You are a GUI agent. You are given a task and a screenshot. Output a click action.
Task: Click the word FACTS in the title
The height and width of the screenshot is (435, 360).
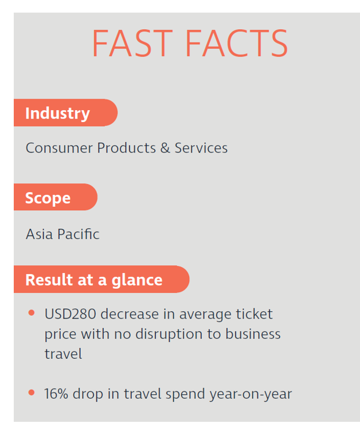tap(237, 44)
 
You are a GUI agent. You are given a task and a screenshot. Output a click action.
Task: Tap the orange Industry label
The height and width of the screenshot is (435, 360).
tap(65, 113)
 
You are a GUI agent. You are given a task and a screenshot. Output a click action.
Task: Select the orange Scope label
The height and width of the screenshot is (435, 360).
tap(56, 197)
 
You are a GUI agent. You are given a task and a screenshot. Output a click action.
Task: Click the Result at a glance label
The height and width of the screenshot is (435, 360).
tap(101, 279)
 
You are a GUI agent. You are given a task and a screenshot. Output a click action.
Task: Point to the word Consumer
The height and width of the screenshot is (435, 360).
tap(59, 148)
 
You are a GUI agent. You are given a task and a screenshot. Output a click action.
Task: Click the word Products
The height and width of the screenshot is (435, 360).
tap(126, 148)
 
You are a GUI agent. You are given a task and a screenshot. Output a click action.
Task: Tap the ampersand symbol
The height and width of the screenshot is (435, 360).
tap(165, 148)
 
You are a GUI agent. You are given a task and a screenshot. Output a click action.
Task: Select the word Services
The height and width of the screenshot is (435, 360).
tap(201, 148)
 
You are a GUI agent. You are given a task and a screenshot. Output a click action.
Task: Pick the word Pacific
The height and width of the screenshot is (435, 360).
tap(79, 234)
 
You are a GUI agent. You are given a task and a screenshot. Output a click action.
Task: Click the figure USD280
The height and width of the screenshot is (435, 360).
tap(71, 314)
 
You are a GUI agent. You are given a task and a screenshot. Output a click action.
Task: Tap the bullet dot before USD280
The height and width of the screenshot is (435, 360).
tap(32, 313)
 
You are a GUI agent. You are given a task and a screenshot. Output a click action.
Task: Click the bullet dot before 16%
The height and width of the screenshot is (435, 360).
tap(32, 393)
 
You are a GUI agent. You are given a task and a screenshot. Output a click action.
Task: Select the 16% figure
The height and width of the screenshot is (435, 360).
tap(56, 394)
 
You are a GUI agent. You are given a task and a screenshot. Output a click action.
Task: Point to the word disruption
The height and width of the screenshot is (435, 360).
tap(169, 334)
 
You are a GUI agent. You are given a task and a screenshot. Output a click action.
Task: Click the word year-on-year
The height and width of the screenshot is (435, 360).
tap(251, 394)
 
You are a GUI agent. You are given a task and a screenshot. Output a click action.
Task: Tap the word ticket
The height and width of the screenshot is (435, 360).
tap(255, 314)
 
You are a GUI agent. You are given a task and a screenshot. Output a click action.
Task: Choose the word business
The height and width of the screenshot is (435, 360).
tap(253, 334)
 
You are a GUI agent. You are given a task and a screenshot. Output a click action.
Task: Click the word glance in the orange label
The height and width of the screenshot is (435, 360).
tap(137, 280)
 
